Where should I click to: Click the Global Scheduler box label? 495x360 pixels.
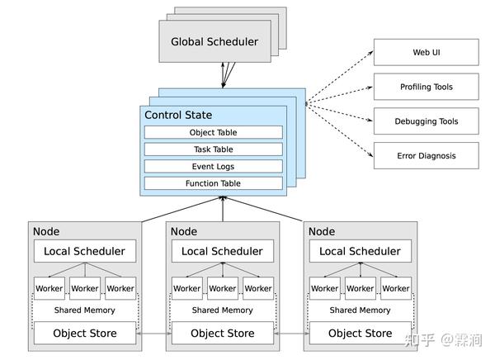214,42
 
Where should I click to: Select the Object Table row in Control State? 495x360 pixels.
214,132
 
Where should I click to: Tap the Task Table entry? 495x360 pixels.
214,149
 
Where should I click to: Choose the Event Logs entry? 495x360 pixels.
214,166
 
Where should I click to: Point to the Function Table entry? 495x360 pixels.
214,183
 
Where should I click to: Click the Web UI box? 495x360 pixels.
426,53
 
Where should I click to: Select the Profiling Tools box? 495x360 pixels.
426,87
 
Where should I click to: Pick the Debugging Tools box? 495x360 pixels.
426,121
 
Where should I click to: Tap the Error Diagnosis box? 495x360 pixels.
426,155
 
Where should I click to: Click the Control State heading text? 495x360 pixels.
179,114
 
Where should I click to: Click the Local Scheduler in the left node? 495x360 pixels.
84,251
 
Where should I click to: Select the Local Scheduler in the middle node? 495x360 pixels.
222,251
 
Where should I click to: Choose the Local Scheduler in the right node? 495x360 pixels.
360,251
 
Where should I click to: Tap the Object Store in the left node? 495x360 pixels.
84,334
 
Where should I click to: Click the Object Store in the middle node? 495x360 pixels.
222,334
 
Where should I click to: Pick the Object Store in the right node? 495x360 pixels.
360,334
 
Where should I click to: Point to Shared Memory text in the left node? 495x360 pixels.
84,310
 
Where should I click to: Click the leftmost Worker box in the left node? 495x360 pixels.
49,288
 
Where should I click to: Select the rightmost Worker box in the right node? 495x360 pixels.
396,288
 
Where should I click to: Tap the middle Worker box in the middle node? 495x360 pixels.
222,288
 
